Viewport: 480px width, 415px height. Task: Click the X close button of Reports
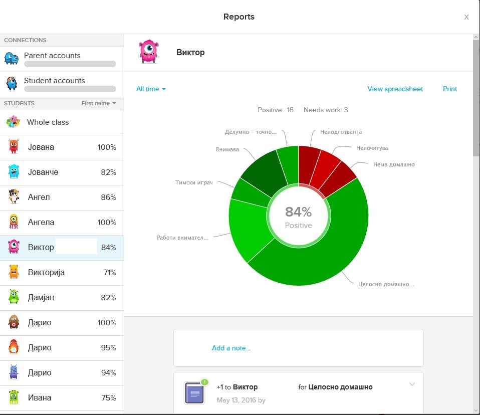466,17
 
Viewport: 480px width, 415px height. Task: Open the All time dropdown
151,89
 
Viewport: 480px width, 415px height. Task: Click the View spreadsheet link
395,89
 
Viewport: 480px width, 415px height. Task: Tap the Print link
450,89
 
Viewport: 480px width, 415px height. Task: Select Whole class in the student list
48,122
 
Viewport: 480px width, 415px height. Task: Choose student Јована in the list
41,147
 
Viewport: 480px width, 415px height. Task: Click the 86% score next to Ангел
109,197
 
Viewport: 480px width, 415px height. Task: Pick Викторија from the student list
46,273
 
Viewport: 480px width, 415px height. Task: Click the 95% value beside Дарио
109,348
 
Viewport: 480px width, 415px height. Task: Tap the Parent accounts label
52,56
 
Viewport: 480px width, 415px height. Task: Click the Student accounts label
55,81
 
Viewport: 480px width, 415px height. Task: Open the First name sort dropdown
99,103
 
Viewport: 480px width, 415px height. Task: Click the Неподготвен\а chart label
341,132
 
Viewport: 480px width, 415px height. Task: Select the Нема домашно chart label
394,164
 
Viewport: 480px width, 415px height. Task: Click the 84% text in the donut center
299,212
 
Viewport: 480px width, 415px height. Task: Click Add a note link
231,348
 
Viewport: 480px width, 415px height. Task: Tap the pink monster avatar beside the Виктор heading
149,52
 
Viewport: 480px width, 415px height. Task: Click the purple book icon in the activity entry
194,392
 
